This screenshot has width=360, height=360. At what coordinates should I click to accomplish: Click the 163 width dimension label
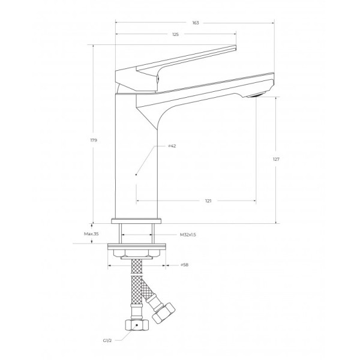pyautogui.click(x=196, y=23)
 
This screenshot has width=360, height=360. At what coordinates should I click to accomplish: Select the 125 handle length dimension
pyautogui.click(x=175, y=34)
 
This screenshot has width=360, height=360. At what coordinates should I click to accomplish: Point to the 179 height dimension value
pyautogui.click(x=94, y=140)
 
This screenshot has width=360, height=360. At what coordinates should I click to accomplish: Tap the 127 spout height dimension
pyautogui.click(x=276, y=159)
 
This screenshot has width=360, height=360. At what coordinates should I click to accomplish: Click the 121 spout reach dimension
pyautogui.click(x=208, y=201)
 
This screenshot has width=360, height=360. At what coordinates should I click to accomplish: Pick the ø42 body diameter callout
pyautogui.click(x=172, y=146)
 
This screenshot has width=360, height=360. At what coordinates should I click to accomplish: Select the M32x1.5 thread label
pyautogui.click(x=188, y=235)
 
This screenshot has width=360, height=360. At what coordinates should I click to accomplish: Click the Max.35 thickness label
pyautogui.click(x=91, y=234)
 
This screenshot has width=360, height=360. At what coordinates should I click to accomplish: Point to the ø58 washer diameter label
pyautogui.click(x=184, y=265)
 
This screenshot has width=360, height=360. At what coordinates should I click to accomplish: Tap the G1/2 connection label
pyautogui.click(x=107, y=341)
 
